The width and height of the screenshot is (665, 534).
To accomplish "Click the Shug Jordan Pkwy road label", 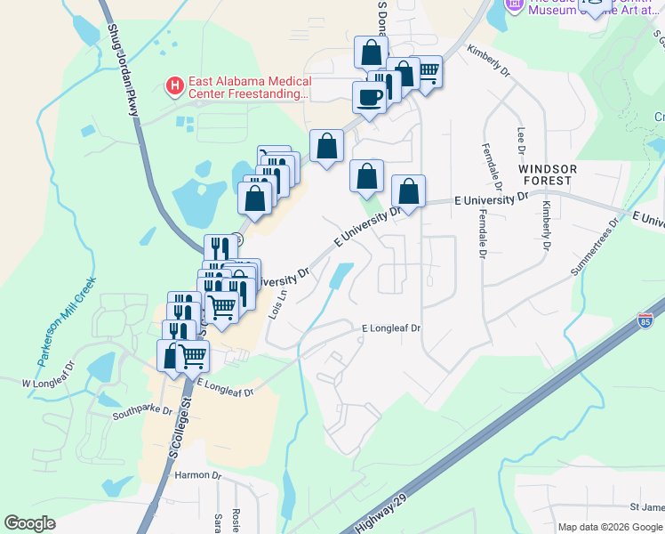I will point(124,72).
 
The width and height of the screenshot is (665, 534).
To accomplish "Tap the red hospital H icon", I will point(175,86).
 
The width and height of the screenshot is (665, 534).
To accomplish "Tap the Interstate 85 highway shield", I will point(646,319).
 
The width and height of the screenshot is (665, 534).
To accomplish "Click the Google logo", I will point(29,523).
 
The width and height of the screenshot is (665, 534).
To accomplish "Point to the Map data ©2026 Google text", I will point(610,527).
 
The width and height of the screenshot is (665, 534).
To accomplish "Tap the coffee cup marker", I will point(369,97).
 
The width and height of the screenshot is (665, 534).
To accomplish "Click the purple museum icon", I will point(514,4).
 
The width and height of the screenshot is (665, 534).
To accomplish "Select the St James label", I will point(647,507).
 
